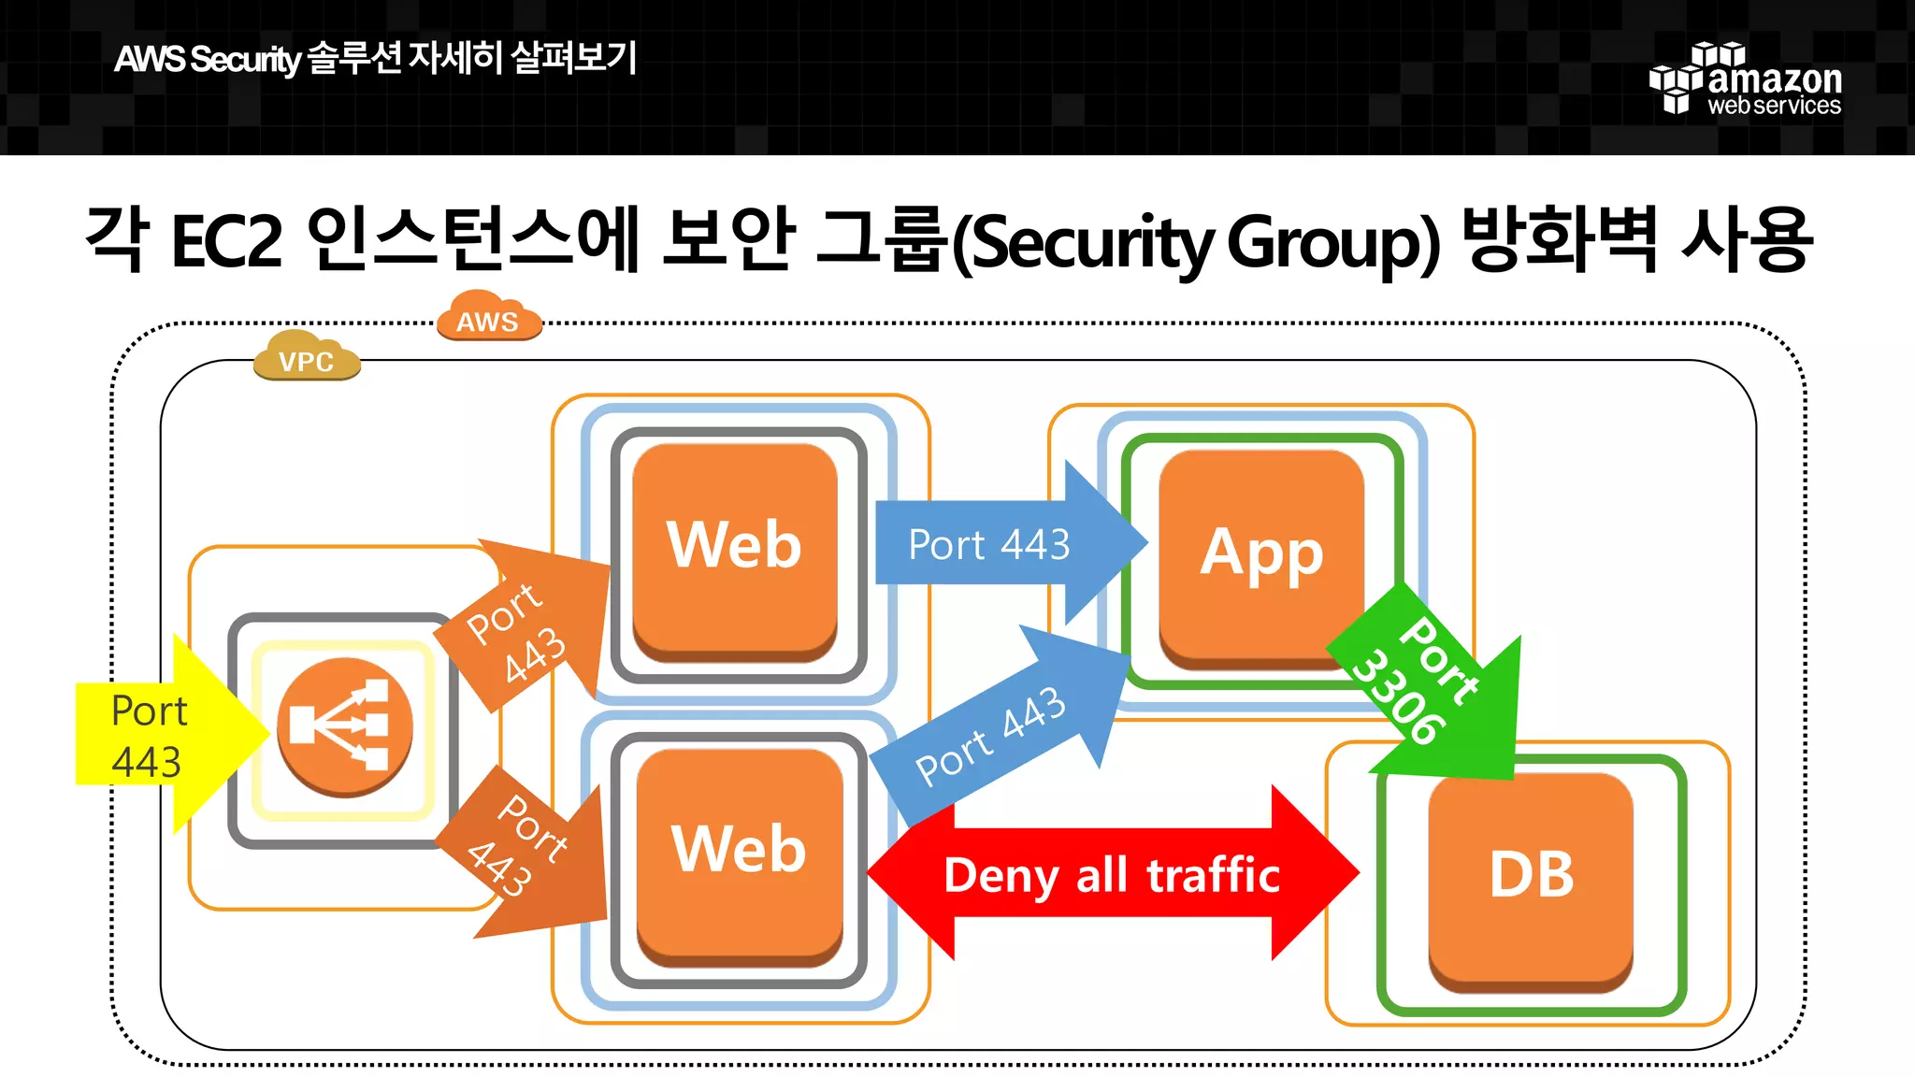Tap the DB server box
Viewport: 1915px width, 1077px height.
point(1531,878)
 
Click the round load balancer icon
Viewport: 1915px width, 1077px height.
point(345,726)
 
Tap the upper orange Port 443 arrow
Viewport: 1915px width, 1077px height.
point(528,626)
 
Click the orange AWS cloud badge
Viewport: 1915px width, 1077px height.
point(488,318)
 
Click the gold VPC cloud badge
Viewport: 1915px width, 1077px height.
point(307,358)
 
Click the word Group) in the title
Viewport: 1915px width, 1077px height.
point(1332,242)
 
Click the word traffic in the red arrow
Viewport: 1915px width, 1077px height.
point(1213,876)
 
